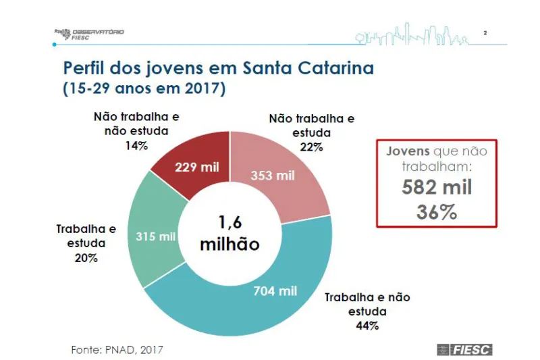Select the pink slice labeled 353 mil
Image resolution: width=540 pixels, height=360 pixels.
tap(273, 176)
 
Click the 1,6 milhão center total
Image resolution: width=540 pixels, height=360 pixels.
tap(230, 233)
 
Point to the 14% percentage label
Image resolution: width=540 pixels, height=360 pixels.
tap(135, 145)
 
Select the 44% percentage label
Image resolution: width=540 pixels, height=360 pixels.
tap(367, 326)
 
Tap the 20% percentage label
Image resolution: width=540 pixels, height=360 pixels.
tap(86, 258)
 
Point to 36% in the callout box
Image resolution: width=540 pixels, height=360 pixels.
tap(437, 211)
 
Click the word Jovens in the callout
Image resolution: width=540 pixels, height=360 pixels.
tap(407, 151)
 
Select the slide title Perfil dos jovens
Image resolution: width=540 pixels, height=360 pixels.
tap(217, 68)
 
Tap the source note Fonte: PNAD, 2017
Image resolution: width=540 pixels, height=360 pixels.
tap(117, 349)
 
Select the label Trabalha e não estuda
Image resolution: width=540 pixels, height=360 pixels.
tap(367, 304)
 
